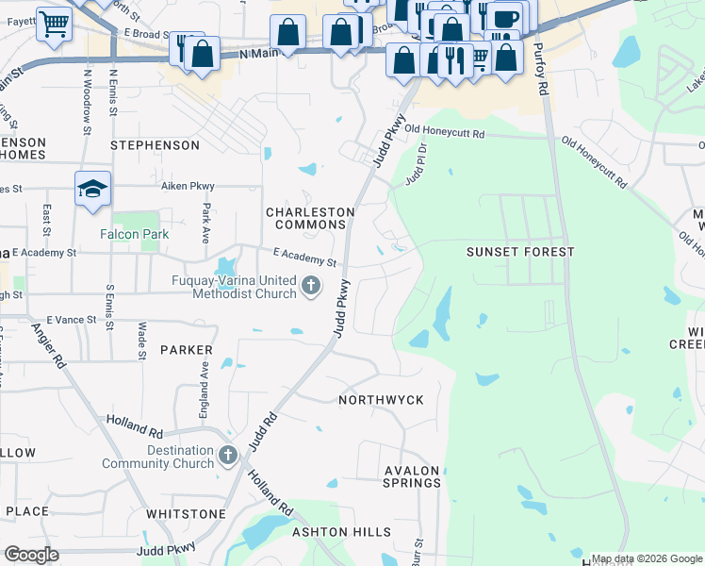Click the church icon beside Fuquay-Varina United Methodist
(312, 285)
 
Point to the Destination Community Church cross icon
(228, 457)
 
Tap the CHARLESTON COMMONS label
(310, 218)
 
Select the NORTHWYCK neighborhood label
(381, 400)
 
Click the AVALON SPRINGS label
(413, 476)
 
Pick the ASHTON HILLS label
(335, 532)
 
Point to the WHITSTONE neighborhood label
(186, 514)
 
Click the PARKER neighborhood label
(186, 350)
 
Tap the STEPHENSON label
(156, 145)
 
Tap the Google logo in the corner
(31, 555)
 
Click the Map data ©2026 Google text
(647, 558)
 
